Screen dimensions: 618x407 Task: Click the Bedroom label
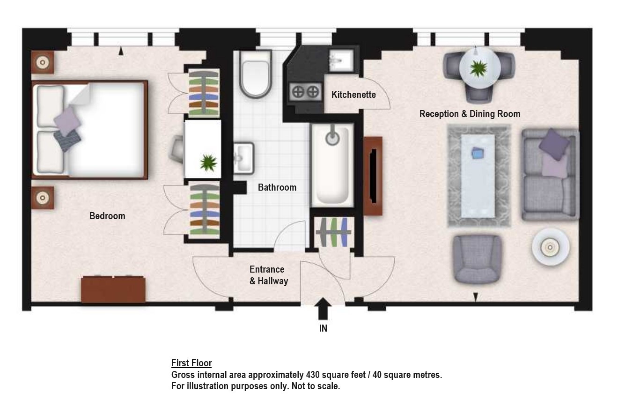107,216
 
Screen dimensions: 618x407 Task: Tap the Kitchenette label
353,95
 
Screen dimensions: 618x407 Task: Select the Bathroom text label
277,187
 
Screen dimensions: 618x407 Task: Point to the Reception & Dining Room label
470,114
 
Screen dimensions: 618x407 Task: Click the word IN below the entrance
323,328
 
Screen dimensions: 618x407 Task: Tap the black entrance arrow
323,309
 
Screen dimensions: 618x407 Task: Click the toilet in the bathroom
255,74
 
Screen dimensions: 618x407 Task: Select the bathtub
332,165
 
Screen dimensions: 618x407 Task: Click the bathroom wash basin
243,158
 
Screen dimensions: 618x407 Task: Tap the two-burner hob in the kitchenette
305,92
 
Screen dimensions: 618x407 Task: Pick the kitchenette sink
341,61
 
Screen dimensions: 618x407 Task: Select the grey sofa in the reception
550,175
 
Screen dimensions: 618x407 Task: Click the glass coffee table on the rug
478,176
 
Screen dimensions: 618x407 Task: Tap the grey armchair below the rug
477,259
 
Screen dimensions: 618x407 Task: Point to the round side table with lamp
551,247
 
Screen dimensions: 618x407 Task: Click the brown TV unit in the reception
373,176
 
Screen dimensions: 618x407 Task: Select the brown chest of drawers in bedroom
113,289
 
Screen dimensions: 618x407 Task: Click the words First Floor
191,363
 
